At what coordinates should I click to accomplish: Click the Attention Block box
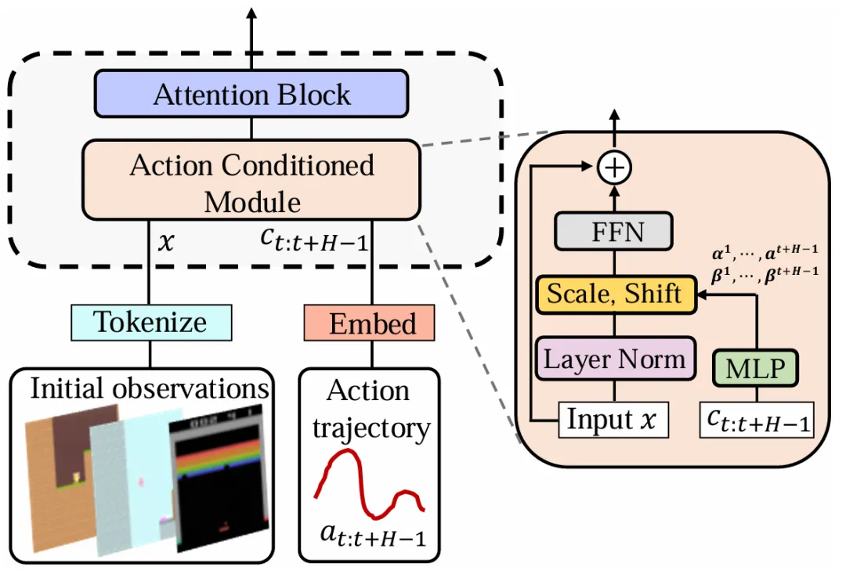[251, 94]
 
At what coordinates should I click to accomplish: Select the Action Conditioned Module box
[251, 180]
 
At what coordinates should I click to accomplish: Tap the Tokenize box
[152, 323]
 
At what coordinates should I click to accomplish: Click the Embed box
[370, 323]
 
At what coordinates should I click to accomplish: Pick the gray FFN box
[614, 232]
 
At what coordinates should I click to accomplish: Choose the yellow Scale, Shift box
[616, 294]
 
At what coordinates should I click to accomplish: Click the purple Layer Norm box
[615, 359]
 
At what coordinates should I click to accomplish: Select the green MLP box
[755, 368]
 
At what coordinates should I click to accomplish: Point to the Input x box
[613, 420]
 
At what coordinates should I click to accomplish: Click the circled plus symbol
[615, 168]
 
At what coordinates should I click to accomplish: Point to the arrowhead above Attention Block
[251, 13]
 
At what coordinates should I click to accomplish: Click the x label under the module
[166, 242]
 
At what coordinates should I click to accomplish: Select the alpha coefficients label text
[765, 251]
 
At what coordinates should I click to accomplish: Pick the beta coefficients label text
[765, 273]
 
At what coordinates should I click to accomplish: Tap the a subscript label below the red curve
[373, 535]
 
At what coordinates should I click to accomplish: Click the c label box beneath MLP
[757, 420]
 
